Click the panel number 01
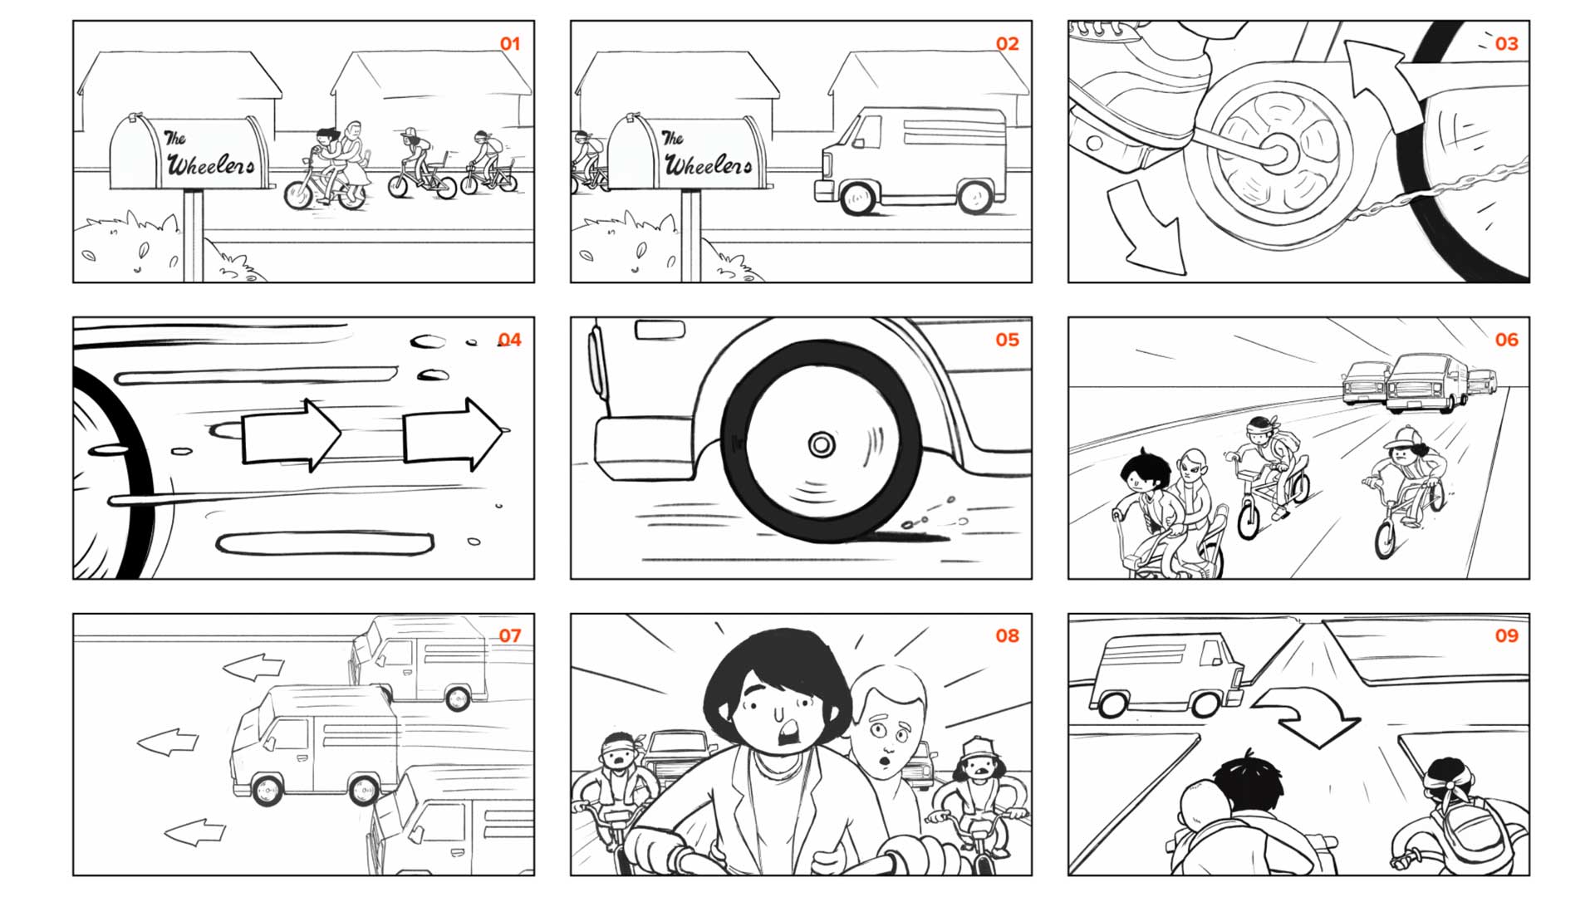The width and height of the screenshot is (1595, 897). (510, 44)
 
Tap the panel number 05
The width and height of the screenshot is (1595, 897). (1007, 340)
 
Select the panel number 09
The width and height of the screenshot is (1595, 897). (1506, 635)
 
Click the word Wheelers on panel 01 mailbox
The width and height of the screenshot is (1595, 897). (211, 164)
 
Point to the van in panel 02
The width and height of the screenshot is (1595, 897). (910, 160)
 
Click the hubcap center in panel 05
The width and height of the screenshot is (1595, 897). (822, 445)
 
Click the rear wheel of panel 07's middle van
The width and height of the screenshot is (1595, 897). (364, 789)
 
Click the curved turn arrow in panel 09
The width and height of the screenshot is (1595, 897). (1308, 713)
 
